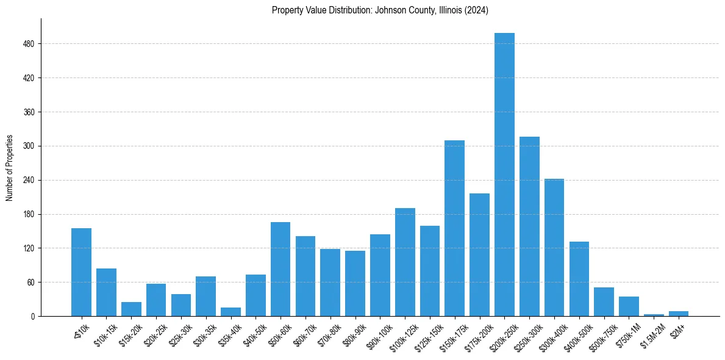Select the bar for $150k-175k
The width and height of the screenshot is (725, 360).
[454, 228]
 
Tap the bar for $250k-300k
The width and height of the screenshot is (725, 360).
[529, 226]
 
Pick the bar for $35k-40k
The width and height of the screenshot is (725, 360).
[230, 312]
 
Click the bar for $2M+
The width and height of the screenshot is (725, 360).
[679, 314]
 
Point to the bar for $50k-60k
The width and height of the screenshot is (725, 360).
[280, 269]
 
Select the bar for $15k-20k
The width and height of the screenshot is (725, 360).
[131, 309]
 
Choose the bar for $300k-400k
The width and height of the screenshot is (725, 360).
[554, 247]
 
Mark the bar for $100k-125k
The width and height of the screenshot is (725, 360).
[405, 262]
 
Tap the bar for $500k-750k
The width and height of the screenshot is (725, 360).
[604, 302]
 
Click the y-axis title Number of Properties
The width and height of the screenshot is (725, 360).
[10, 168]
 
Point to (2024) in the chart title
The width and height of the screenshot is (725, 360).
[477, 10]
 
